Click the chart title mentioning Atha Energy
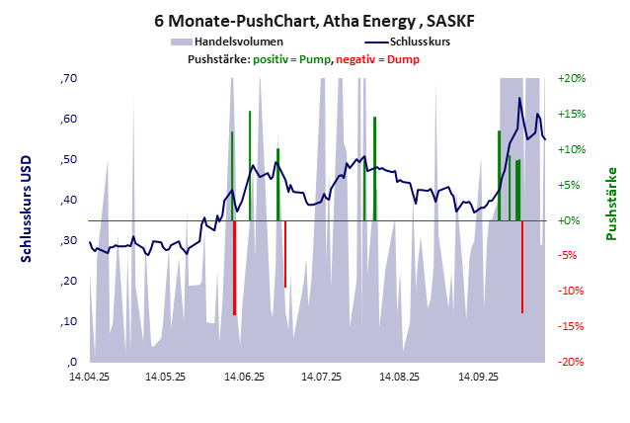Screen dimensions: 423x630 point(315,19)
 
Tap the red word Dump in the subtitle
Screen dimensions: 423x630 point(403,59)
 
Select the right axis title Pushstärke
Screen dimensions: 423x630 point(611,203)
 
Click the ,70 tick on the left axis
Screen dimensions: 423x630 point(69,78)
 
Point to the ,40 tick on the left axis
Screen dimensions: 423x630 point(69,200)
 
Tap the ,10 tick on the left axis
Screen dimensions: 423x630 point(69,321)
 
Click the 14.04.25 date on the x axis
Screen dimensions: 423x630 point(89,377)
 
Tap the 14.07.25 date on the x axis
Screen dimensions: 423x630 point(322,377)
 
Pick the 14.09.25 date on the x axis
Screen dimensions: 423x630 point(478,377)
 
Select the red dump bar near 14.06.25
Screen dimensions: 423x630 point(234,267)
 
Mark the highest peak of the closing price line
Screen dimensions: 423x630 point(519,98)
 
